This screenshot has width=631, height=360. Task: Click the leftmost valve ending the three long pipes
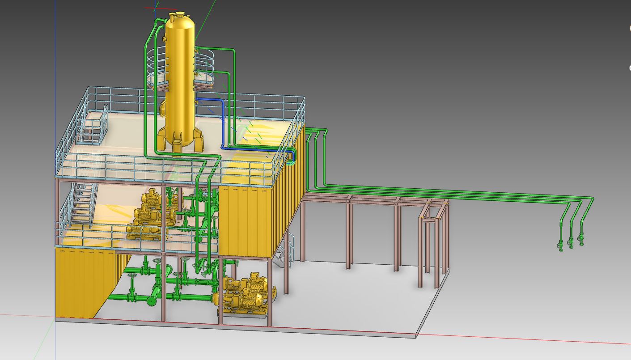click(x=560, y=245)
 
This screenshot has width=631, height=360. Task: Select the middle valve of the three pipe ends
click(x=571, y=242)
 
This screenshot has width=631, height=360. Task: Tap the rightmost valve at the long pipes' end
click(x=581, y=240)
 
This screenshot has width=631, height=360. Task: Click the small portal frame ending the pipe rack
click(x=432, y=241)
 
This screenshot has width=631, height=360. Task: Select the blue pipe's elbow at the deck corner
click(x=292, y=154)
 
